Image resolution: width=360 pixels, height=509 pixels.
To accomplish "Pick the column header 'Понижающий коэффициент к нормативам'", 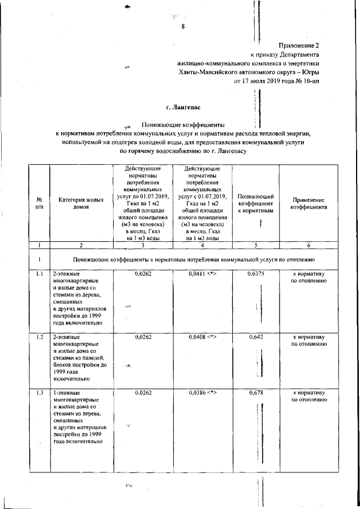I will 256,202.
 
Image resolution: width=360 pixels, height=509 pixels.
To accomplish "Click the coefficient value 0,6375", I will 256,273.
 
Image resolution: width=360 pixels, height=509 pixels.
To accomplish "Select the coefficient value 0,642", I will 256,336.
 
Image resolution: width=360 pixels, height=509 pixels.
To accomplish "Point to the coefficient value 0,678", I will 256,393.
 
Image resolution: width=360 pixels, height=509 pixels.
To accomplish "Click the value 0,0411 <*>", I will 202,273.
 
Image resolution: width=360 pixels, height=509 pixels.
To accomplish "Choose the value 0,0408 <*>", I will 202,336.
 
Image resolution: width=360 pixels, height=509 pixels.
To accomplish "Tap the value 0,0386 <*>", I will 202,393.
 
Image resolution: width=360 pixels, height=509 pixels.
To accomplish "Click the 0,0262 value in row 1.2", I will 144,336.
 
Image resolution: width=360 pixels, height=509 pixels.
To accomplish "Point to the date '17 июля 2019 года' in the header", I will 264,80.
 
